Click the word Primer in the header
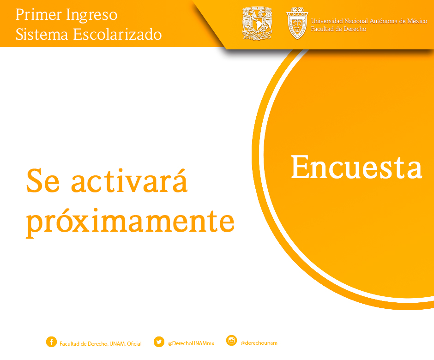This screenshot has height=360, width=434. click(38, 15)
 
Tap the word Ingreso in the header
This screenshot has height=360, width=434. click(92, 16)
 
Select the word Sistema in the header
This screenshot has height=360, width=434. click(42, 35)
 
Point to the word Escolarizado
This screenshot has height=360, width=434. click(117, 35)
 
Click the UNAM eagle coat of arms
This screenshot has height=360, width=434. click(257, 23)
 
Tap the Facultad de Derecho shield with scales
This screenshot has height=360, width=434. click(297, 23)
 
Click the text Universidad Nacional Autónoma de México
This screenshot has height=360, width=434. click(369, 21)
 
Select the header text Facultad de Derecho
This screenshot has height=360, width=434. click(338, 29)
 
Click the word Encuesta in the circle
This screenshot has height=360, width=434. click(356, 167)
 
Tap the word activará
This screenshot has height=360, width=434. click(129, 180)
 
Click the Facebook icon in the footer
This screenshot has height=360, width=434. click(51, 342)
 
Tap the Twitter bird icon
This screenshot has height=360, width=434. click(159, 342)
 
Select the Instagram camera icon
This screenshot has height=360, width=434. click(231, 341)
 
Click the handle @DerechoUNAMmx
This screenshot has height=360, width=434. click(191, 343)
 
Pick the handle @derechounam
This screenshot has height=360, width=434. click(259, 343)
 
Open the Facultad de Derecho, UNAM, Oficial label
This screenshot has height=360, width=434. click(101, 344)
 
